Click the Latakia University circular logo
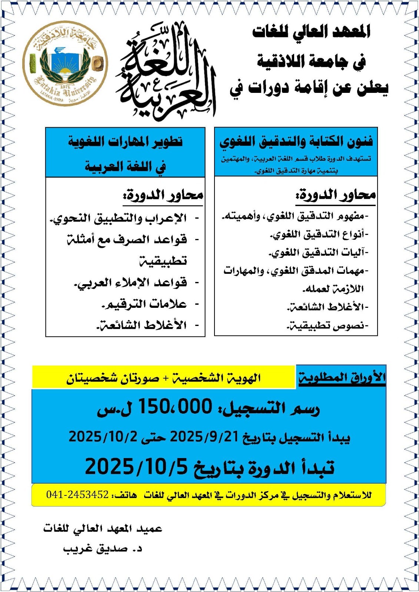(65, 63)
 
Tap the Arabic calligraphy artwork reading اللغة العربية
(166, 70)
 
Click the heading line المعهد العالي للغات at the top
(311, 32)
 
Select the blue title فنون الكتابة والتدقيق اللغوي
(296, 142)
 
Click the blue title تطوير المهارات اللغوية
(125, 142)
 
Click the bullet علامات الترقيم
(144, 305)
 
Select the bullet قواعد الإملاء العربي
(131, 283)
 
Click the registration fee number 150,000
(175, 407)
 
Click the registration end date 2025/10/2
(103, 437)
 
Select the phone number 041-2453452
(77, 494)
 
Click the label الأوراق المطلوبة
(342, 377)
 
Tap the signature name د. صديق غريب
(103, 549)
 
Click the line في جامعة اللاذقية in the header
(311, 61)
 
